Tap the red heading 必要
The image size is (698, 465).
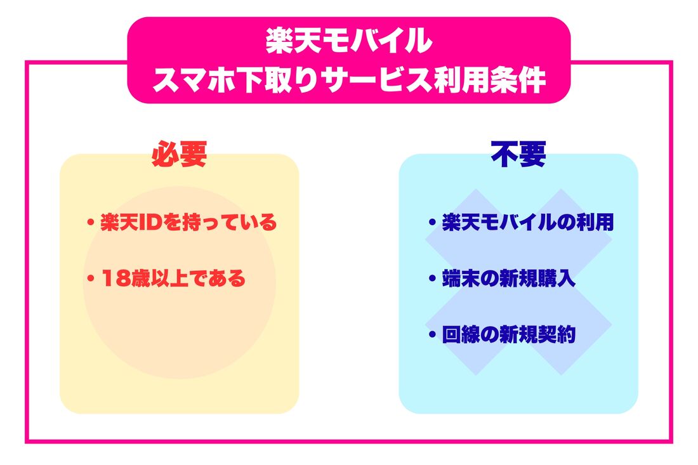(x=180, y=154)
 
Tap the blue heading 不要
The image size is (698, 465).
(x=518, y=154)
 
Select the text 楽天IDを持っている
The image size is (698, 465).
(x=188, y=223)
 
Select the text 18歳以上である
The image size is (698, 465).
(x=173, y=279)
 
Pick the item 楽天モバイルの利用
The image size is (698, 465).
(x=527, y=223)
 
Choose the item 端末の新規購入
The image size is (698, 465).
(x=508, y=279)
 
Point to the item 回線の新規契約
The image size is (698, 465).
(x=508, y=335)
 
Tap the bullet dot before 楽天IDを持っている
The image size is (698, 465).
(x=91, y=223)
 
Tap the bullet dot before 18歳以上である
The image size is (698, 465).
(x=91, y=279)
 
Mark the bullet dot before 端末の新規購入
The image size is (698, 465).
(x=432, y=279)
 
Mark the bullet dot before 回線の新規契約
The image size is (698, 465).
(x=432, y=335)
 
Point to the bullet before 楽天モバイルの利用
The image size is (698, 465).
(x=432, y=223)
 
